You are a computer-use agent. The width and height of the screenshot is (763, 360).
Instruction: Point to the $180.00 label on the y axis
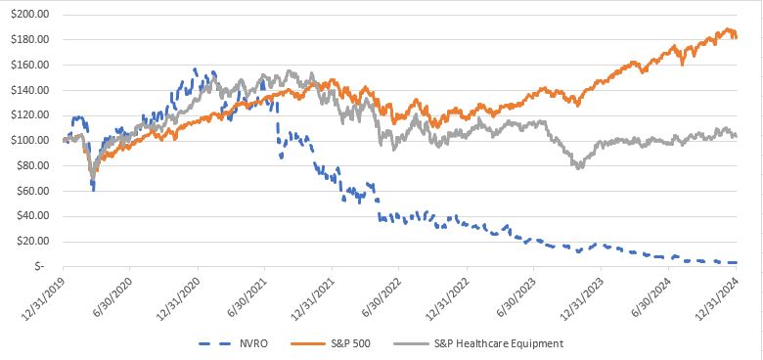[29, 40]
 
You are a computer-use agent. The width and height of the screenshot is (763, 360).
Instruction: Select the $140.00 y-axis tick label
[29, 90]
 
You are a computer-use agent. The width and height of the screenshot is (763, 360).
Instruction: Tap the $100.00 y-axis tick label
[29, 140]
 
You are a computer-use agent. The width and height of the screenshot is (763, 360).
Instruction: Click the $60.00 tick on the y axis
[31, 190]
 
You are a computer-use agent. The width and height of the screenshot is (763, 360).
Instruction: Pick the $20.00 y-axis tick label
[31, 241]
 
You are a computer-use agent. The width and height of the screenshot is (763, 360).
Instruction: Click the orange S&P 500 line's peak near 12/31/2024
[729, 30]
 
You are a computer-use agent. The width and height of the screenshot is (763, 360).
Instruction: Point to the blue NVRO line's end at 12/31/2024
[735, 262]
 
